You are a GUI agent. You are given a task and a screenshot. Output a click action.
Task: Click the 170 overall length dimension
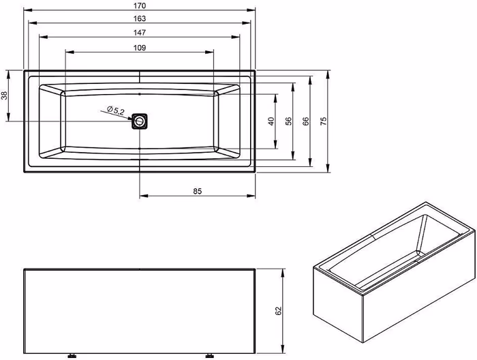point(140,5)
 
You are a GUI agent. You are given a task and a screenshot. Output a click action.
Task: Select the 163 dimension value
point(140,18)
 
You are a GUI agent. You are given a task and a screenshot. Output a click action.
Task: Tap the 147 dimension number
point(140,32)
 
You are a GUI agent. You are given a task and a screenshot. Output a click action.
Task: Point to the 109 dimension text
point(140,48)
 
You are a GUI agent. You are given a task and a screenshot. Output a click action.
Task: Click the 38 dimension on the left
point(4,95)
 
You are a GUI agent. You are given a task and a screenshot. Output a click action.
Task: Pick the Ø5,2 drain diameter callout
point(116,110)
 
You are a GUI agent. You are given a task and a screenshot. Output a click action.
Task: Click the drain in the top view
point(140,121)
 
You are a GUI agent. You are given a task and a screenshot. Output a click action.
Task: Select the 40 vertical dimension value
point(271,121)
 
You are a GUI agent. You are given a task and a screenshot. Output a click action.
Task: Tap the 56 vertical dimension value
point(288,121)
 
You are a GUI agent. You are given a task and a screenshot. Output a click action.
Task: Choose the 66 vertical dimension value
point(306,121)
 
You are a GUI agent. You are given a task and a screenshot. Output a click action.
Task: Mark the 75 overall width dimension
point(324,121)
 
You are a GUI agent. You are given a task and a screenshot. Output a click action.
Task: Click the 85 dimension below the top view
point(198,191)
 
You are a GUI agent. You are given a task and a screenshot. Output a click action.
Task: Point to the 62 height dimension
point(278,311)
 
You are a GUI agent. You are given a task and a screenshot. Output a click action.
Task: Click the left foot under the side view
point(72,355)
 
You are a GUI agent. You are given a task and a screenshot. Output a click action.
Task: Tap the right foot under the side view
point(210,355)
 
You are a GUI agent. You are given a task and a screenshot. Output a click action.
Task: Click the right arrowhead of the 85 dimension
point(251,196)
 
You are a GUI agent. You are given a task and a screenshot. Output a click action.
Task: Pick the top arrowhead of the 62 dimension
point(283,273)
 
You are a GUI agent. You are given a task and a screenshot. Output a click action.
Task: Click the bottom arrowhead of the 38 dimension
point(8,117)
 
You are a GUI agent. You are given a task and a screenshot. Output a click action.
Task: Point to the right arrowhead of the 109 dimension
point(209,52)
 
